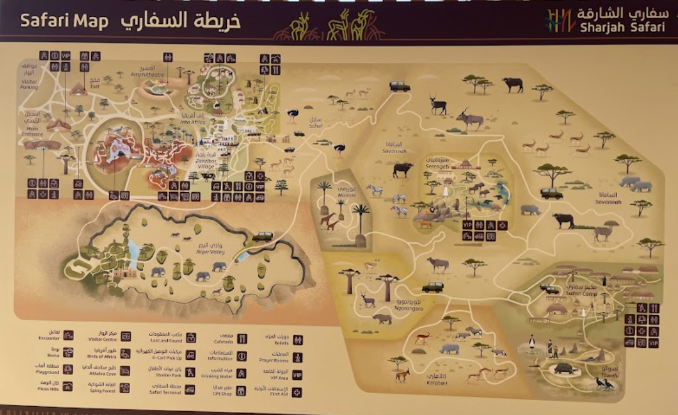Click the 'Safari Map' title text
point(65,20)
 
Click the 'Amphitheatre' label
point(146,74)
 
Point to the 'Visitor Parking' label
point(30,84)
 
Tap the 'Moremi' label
point(346,195)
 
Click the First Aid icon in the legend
point(297,392)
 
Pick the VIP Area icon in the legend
point(297,375)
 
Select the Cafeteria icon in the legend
point(243,339)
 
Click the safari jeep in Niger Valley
point(262,237)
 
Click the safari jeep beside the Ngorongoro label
point(432,287)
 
